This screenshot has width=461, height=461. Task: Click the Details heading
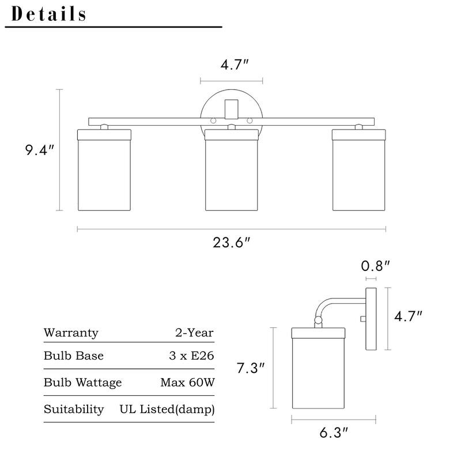(x=49, y=14)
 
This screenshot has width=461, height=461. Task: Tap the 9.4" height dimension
(x=40, y=151)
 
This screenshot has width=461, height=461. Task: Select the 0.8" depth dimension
(x=376, y=266)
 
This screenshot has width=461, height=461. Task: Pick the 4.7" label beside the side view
(x=408, y=316)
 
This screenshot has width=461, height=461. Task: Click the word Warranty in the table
(x=71, y=333)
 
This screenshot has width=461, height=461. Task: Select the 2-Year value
(x=194, y=333)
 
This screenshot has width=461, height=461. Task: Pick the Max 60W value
(x=187, y=383)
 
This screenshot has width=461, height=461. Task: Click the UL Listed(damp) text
(x=167, y=409)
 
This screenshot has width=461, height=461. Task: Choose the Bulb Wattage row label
(x=82, y=383)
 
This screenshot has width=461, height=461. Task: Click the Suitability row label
(x=74, y=409)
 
